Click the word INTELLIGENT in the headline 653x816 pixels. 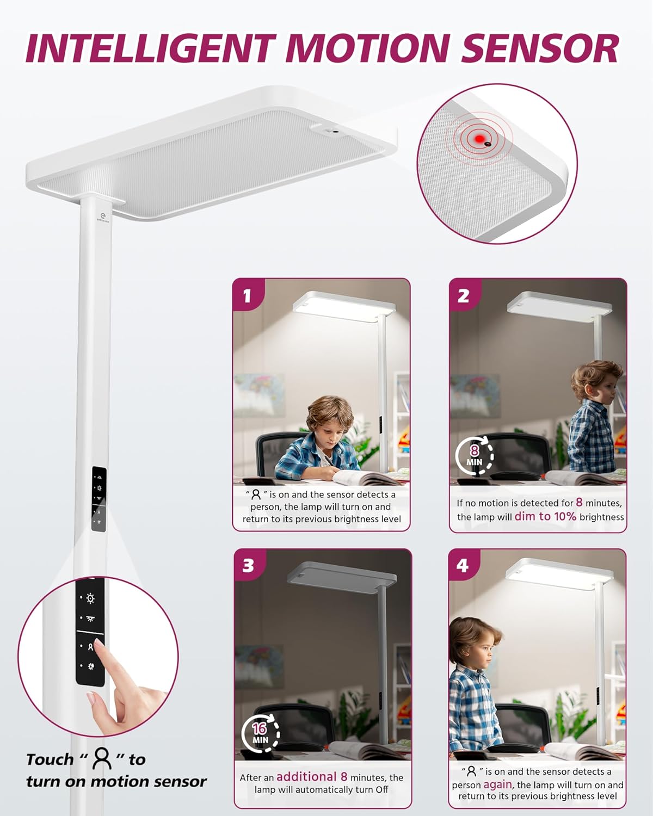point(151,48)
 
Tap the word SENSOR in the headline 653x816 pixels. point(540,48)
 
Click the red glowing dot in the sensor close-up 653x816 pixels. point(479,139)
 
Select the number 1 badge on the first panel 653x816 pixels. point(248,295)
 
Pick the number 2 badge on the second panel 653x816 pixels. point(464,295)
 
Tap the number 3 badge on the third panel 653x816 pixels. point(249,565)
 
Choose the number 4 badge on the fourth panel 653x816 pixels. point(463,565)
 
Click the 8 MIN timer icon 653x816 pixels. point(475,455)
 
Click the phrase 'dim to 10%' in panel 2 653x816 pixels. point(545,516)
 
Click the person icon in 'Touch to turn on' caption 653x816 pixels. point(102,758)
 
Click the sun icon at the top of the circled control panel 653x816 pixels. point(90,598)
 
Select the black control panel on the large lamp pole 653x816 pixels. point(98,498)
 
